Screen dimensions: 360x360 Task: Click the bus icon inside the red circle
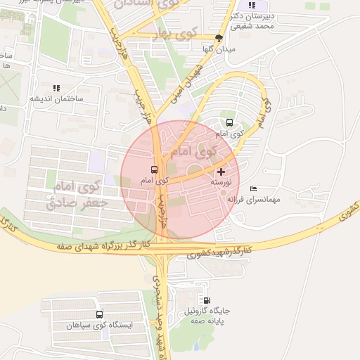[154, 169]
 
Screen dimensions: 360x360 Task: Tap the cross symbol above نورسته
[221, 171]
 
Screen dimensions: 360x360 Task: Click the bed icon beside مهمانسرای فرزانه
[253, 188]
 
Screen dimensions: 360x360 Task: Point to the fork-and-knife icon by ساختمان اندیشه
[56, 88]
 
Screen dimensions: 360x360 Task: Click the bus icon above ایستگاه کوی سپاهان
[99, 314]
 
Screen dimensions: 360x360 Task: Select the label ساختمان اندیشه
[56, 98]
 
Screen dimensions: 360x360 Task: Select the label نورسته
[221, 182]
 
